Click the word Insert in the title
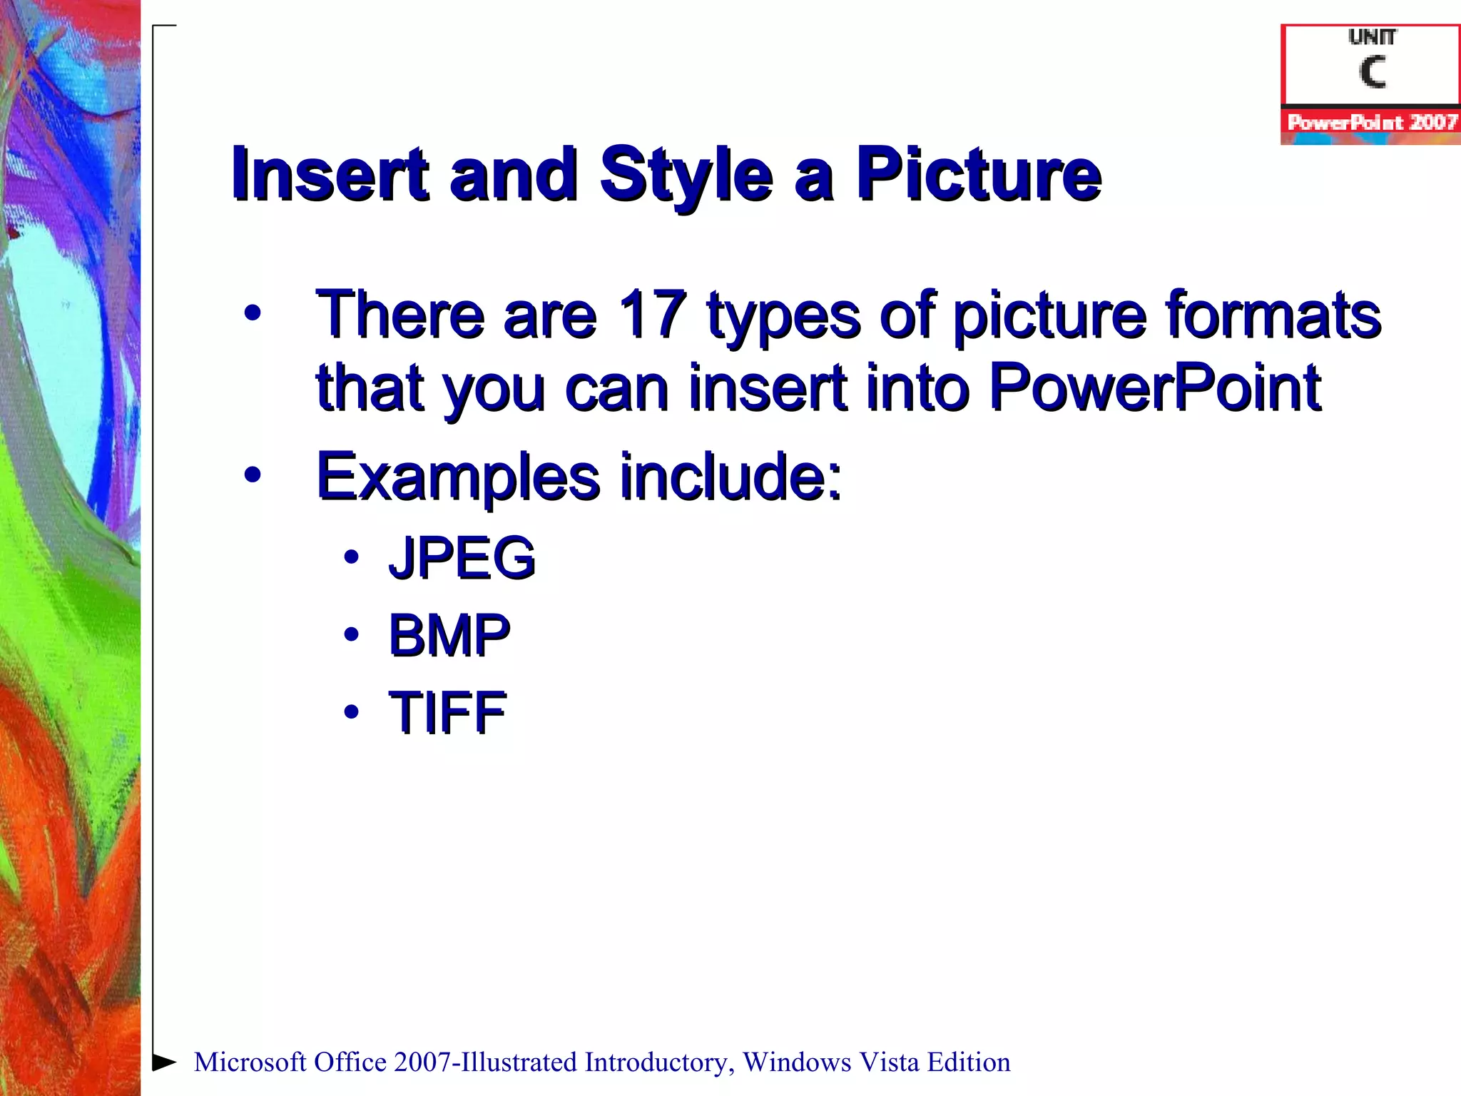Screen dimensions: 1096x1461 330,173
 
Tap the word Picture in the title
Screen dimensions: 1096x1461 979,173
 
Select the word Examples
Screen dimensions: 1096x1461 457,477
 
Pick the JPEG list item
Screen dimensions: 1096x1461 462,557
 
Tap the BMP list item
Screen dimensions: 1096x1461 449,634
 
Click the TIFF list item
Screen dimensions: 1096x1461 447,711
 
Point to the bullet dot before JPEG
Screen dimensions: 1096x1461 350,557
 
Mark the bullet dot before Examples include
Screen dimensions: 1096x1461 253,475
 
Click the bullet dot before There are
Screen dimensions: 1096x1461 253,313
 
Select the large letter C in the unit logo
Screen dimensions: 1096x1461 1372,72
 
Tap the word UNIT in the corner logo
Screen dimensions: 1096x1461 1372,37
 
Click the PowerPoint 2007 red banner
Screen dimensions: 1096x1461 1371,123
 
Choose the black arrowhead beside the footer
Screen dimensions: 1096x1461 165,1062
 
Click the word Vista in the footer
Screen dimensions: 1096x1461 889,1062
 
